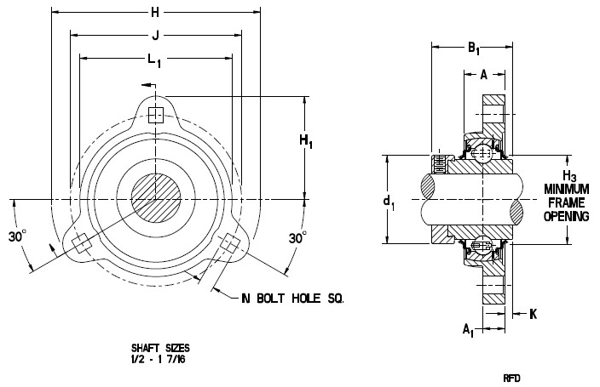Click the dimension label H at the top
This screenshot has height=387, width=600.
click(155, 13)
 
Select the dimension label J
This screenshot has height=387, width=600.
click(155, 36)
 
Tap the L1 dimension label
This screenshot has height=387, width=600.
click(154, 60)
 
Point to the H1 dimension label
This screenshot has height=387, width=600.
click(306, 141)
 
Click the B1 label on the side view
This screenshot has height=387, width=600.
click(473, 48)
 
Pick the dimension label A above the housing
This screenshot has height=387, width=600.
click(484, 75)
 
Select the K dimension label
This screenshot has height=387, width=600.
click(533, 314)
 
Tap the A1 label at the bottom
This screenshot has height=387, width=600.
click(468, 330)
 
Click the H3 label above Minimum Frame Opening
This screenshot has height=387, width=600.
click(570, 177)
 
